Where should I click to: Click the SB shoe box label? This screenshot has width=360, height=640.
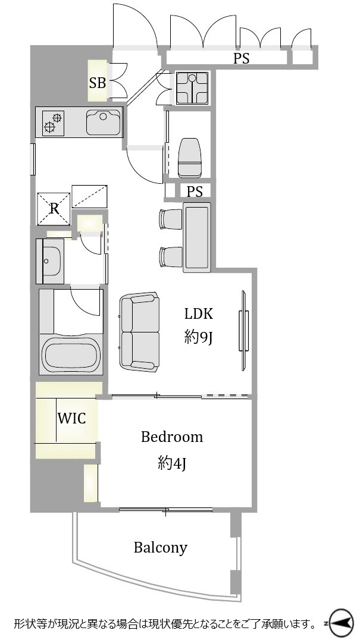(x=98, y=83)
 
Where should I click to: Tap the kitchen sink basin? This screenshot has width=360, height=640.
(x=104, y=122)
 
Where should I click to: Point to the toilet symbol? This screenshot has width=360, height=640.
(x=190, y=158)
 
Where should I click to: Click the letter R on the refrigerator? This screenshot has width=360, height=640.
(x=54, y=209)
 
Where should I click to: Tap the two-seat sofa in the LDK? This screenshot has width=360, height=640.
(x=139, y=331)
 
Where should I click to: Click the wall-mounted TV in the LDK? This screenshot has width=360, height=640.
(x=244, y=331)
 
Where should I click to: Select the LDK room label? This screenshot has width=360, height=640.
(x=199, y=314)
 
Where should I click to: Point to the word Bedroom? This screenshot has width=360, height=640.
(x=172, y=437)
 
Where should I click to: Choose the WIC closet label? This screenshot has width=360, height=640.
(x=71, y=418)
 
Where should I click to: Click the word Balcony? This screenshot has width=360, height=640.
(x=161, y=547)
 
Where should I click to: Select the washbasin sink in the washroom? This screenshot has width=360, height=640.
(x=52, y=261)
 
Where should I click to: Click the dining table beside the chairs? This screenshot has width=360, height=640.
(x=197, y=237)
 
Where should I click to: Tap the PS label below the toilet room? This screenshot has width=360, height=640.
(x=195, y=192)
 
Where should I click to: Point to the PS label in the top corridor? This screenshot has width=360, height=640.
(x=241, y=59)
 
